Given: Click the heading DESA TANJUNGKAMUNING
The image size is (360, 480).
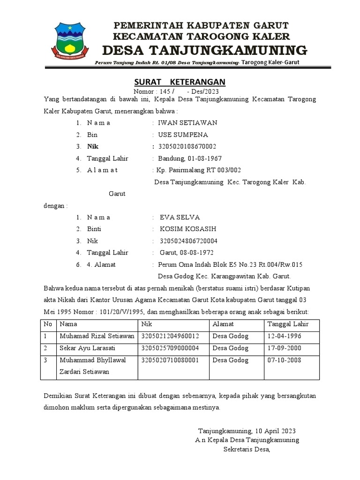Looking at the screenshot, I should pyautogui.click(x=204, y=50).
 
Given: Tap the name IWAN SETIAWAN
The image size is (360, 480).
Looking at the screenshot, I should pyautogui.click(x=187, y=123).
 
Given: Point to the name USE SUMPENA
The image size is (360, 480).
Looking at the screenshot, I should pyautogui.click(x=183, y=135).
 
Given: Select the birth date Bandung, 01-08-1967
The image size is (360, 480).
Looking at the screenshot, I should pyautogui.click(x=190, y=158).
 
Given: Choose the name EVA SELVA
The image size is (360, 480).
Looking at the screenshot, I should pyautogui.click(x=180, y=217).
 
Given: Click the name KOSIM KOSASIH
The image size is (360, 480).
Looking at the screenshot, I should pyautogui.click(x=188, y=229).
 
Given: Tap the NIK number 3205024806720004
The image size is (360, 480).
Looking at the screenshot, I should pyautogui.click(x=188, y=241).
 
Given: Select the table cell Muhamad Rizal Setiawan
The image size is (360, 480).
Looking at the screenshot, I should pyautogui.click(x=97, y=336).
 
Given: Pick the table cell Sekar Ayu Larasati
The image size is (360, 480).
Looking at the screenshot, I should pyautogui.click(x=87, y=348).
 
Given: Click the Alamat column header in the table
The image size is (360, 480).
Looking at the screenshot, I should pyautogui.click(x=223, y=324).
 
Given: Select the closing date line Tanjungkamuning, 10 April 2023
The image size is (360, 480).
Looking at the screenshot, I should pyautogui.click(x=247, y=431).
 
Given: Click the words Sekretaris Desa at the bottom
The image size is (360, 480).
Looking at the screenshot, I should pyautogui.click(x=247, y=450).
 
